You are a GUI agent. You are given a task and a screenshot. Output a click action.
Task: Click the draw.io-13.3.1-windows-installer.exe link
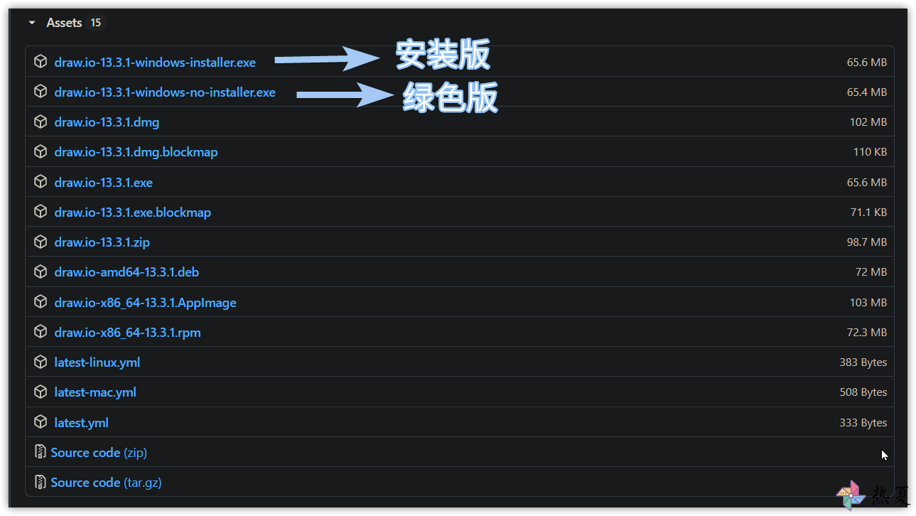click(x=155, y=62)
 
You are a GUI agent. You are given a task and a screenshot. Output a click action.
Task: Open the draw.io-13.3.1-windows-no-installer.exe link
click(x=165, y=92)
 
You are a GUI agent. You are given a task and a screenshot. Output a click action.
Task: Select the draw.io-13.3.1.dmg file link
click(x=107, y=122)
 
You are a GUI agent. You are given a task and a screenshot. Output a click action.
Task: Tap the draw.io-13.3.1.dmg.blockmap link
click(x=136, y=152)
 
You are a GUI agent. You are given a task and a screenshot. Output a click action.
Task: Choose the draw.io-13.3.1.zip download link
click(x=102, y=242)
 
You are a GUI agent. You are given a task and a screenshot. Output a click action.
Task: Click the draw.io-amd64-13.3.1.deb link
click(x=126, y=272)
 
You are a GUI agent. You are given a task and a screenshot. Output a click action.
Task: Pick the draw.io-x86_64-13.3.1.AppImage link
click(x=145, y=303)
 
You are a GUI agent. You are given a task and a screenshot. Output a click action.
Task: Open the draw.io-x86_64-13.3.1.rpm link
click(x=128, y=333)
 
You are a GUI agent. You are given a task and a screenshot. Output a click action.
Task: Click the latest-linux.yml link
click(x=97, y=362)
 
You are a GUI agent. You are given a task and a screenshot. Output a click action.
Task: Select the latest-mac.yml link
click(x=95, y=392)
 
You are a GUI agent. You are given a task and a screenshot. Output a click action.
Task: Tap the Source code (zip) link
click(x=99, y=453)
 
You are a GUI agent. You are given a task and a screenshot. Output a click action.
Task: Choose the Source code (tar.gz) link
click(x=106, y=483)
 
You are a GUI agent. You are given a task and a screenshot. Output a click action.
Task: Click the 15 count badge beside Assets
click(x=96, y=23)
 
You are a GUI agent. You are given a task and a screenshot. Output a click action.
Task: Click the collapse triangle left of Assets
click(x=32, y=23)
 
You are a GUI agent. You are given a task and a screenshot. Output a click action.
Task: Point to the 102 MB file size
click(x=868, y=122)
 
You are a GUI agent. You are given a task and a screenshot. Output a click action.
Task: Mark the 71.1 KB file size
click(x=868, y=213)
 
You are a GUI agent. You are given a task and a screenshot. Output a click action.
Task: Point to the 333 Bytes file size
click(x=863, y=422)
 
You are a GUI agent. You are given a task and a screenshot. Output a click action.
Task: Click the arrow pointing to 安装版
click(x=327, y=59)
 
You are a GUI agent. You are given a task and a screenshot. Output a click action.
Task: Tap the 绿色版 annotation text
click(x=450, y=97)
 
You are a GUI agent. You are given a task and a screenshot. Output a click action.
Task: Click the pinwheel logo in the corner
click(x=851, y=495)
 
